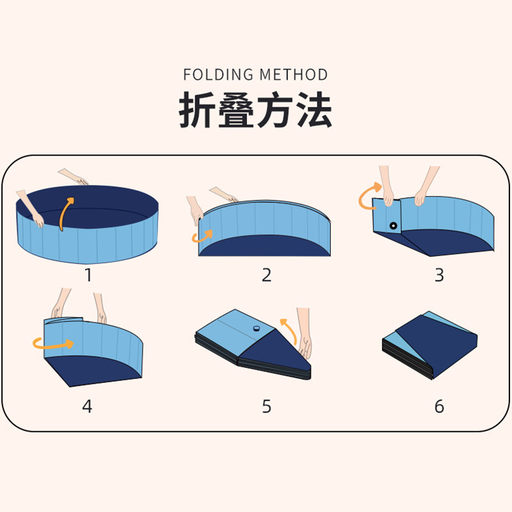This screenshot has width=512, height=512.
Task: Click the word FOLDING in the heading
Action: point(218,75)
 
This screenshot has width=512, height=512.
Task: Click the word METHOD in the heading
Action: point(294,75)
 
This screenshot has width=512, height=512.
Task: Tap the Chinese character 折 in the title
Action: point(196,109)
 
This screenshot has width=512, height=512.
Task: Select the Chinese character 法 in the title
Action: point(314,109)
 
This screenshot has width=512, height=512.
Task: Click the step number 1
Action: point(88,275)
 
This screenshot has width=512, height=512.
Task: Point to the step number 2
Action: point(266,275)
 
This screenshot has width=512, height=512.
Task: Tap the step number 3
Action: point(439,275)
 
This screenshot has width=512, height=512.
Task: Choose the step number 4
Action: point(87,406)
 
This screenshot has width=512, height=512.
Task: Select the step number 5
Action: point(266,406)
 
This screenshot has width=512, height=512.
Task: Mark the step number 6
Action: point(439,406)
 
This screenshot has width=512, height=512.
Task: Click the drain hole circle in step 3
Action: point(394,226)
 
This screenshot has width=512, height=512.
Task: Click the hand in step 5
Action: point(305,337)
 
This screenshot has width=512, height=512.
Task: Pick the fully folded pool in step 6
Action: point(429,345)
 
